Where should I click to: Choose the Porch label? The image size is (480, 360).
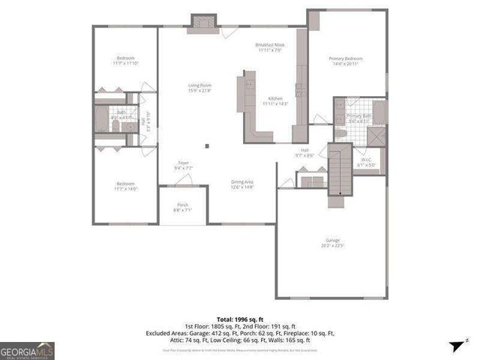(x=183, y=207)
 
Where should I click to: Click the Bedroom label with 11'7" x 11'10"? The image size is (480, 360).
(x=124, y=61)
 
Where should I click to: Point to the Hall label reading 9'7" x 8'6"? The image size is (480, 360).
(x=305, y=152)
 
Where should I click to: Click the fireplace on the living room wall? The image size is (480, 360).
(x=202, y=22)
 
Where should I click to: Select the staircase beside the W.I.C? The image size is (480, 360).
(x=340, y=171)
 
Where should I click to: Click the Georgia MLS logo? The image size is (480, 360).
(x=27, y=350)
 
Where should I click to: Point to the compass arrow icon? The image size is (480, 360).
(x=454, y=346)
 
